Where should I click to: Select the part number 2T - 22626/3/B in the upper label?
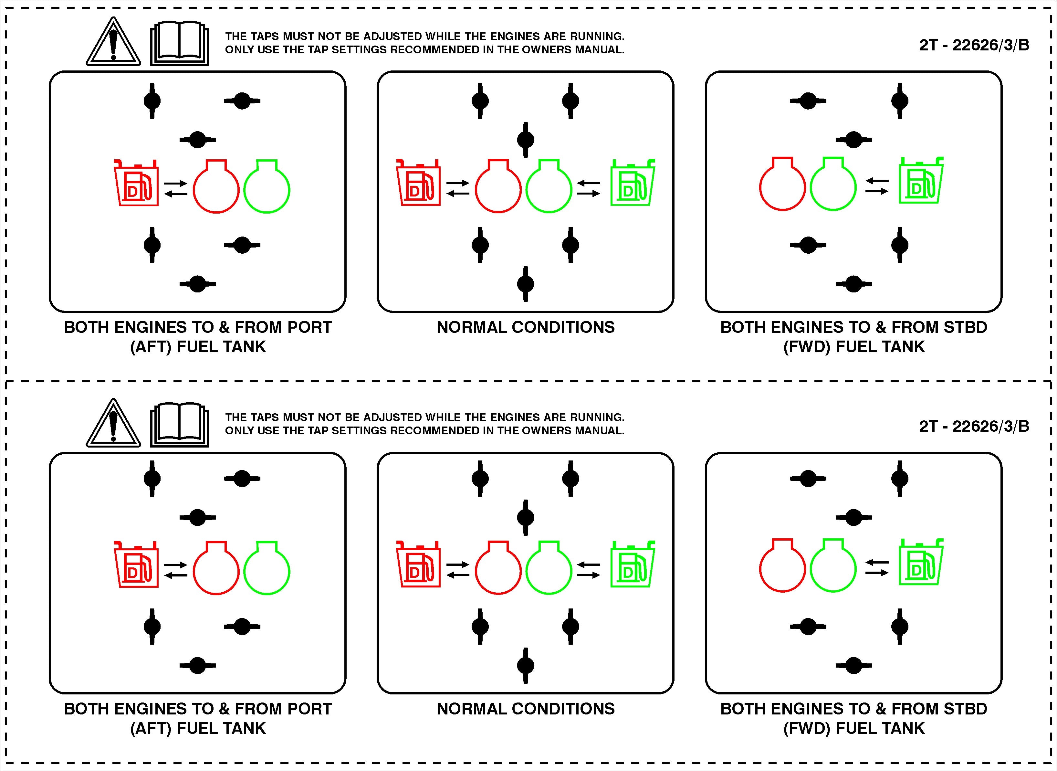coord(974,45)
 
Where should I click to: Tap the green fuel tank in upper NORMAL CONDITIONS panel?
coord(633,183)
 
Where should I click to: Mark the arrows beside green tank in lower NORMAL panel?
coord(589,569)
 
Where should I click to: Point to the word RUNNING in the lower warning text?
coord(597,417)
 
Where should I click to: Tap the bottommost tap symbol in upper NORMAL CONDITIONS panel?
coord(526,284)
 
